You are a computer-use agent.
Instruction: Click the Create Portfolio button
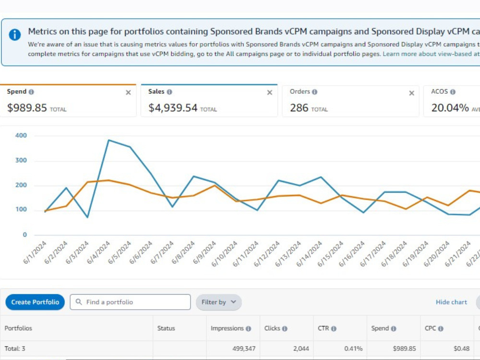click(x=35, y=302)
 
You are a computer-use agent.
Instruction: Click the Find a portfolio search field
click(x=130, y=302)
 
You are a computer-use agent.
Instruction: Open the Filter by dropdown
click(x=218, y=302)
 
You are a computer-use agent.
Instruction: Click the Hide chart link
click(x=451, y=302)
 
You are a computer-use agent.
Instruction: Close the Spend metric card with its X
click(x=128, y=93)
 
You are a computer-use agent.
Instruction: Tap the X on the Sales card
click(x=270, y=93)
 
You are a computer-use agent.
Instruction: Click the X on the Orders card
click(x=412, y=93)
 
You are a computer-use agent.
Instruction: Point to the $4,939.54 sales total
click(x=173, y=108)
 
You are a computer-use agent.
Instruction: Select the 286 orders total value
click(x=299, y=108)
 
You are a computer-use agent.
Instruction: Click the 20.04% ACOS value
click(x=450, y=108)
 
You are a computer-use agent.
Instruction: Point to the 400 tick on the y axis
click(x=21, y=135)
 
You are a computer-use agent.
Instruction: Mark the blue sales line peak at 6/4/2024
click(x=108, y=140)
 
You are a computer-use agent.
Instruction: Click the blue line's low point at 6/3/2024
click(x=87, y=217)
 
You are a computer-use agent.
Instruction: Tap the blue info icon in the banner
click(x=15, y=35)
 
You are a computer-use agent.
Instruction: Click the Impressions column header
click(x=227, y=328)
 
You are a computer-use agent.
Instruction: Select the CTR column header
click(x=323, y=328)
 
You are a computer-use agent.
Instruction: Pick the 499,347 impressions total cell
click(x=244, y=348)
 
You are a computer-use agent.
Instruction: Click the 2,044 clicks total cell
click(x=301, y=348)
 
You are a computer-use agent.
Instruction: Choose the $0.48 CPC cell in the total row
click(x=462, y=348)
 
